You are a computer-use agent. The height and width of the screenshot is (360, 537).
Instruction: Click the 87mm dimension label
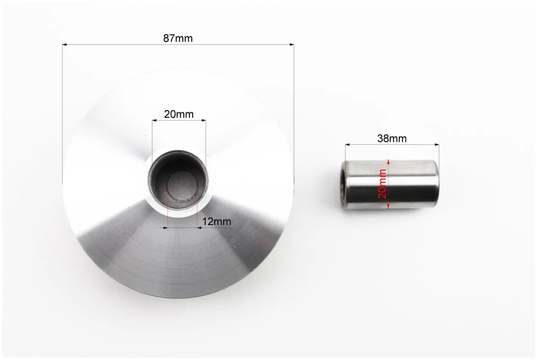tap(178, 38)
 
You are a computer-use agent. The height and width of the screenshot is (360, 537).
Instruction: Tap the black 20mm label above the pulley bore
tap(179, 114)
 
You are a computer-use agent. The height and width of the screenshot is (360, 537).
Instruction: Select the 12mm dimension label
tap(217, 221)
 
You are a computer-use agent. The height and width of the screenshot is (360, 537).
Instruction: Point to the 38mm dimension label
tap(392, 139)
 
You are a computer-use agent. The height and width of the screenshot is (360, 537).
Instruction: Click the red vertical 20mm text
tap(382, 184)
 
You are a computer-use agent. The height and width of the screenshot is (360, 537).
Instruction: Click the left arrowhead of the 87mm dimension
tap(64, 44)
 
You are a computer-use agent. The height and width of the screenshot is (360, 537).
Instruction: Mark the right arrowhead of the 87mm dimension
tap(292, 44)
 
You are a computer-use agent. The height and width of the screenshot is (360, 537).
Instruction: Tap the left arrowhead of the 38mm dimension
tap(347, 145)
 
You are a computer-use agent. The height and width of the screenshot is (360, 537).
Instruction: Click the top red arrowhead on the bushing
tap(388, 162)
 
